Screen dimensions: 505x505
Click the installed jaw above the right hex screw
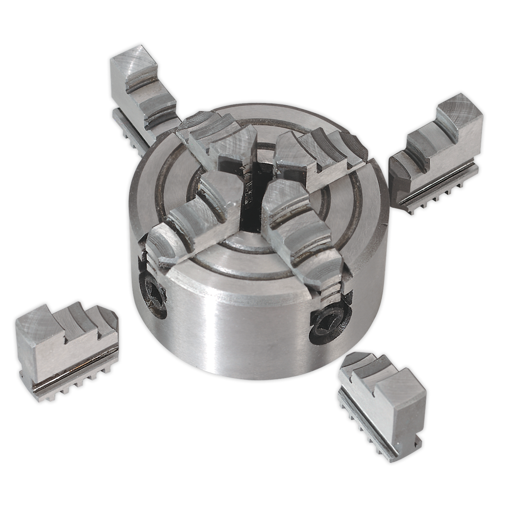[x=299, y=240]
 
